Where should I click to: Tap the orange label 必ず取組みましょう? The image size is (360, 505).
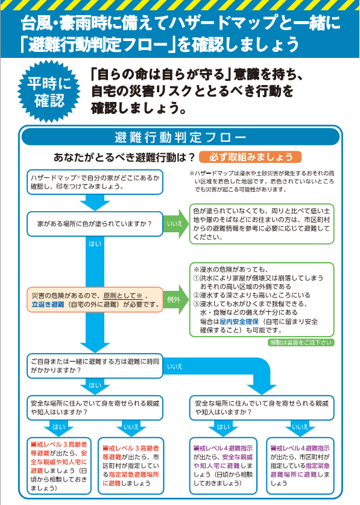pyautogui.click(x=250, y=157)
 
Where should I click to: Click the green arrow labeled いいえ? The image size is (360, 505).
pyautogui.click(x=175, y=223)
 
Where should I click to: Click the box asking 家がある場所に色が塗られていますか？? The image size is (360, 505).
pyautogui.click(x=95, y=223)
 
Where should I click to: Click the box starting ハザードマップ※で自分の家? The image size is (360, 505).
pyautogui.click(x=95, y=182)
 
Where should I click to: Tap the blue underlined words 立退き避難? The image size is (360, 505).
pyautogui.click(x=48, y=305)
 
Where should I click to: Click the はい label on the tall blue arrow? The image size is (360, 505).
pyautogui.click(x=95, y=244)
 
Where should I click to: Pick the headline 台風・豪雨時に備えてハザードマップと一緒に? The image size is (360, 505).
pyautogui.click(x=180, y=24)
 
